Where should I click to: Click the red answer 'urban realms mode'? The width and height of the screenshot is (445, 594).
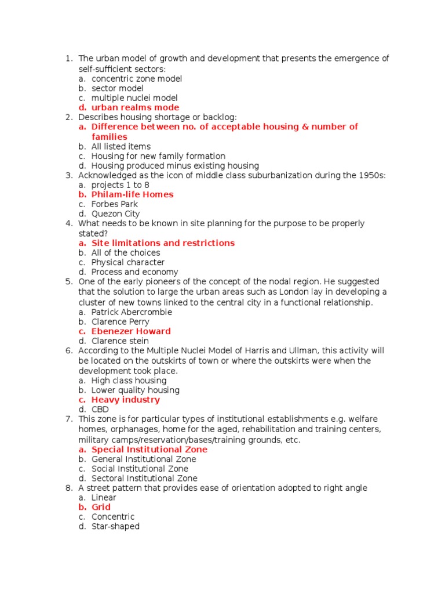(x=135, y=108)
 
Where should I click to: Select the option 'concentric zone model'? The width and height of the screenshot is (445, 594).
(x=137, y=78)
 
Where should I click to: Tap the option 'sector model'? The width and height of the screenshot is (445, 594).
(x=118, y=88)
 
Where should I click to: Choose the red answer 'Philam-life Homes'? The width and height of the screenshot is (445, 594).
(x=132, y=195)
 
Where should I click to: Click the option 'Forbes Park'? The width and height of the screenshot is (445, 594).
(x=115, y=204)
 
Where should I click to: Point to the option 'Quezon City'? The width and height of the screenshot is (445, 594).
(x=115, y=214)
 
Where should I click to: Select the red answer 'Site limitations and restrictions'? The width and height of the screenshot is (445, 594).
(x=163, y=243)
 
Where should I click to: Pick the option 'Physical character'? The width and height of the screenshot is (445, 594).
(x=128, y=262)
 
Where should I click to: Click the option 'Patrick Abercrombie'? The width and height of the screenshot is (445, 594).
(x=132, y=312)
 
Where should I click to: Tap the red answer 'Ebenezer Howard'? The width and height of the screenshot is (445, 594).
(x=131, y=331)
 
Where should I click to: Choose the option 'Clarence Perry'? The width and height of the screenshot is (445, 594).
(x=121, y=322)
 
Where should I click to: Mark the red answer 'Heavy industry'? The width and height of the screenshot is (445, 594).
(x=126, y=400)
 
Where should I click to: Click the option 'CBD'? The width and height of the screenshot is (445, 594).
(x=100, y=410)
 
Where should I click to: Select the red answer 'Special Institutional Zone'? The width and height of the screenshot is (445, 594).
(x=149, y=450)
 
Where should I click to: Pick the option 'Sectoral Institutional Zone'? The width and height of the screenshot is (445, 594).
(x=144, y=479)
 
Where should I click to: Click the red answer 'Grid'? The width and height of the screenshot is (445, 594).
(x=101, y=507)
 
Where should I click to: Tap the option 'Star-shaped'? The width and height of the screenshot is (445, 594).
(x=115, y=527)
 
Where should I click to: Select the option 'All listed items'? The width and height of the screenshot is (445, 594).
(x=121, y=147)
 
